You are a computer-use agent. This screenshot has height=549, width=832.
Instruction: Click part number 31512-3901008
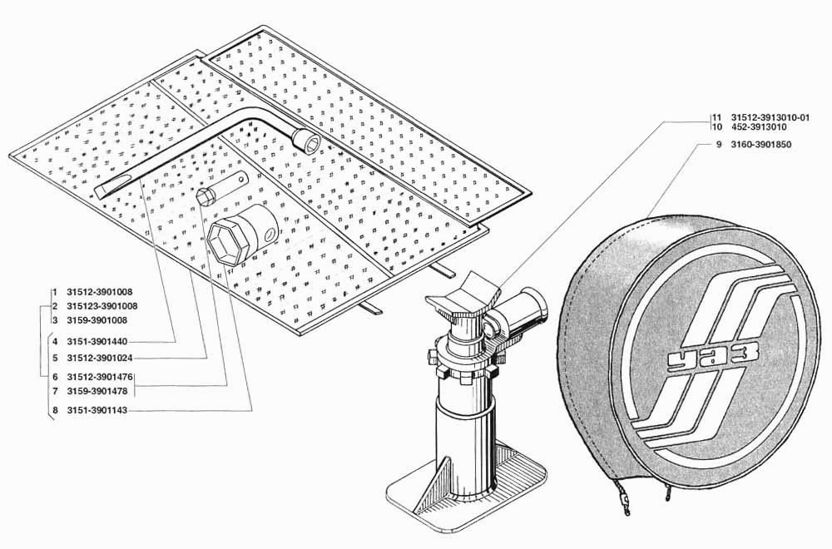100,292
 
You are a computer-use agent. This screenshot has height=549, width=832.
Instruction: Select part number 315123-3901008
102,306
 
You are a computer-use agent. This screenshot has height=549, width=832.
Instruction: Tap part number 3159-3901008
97,320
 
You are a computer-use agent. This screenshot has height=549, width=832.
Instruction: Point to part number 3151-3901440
97,342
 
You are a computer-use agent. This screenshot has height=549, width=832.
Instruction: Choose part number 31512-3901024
100,358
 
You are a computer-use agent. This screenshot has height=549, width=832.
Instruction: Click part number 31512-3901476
100,377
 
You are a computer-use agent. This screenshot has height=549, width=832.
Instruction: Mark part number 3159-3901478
97,392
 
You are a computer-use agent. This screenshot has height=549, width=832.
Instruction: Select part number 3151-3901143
97,411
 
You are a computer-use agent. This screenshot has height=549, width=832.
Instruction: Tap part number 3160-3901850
761,144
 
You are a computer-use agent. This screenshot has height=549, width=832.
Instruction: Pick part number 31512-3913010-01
770,118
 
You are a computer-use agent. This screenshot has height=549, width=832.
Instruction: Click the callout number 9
719,144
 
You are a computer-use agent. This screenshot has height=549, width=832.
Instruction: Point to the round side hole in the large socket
271,234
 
